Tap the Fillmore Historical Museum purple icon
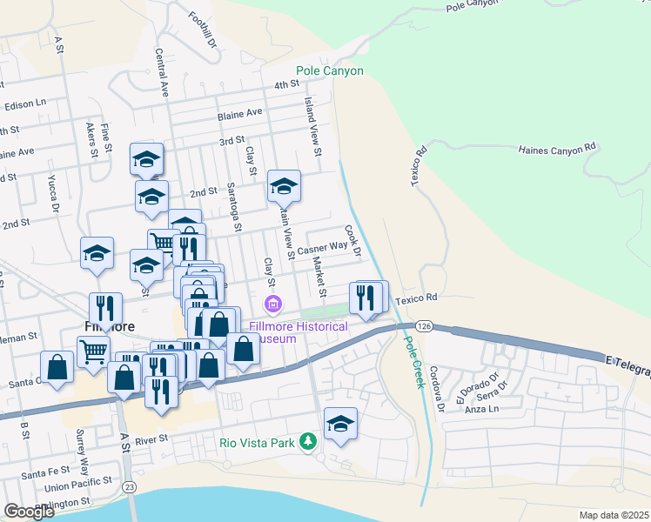[273, 304]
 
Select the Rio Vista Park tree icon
[307, 442]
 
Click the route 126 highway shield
[424, 325]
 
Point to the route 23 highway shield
[130, 485]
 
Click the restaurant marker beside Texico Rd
[366, 297]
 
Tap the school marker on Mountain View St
[284, 186]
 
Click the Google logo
[28, 511]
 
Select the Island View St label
[312, 121]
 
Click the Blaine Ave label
[240, 113]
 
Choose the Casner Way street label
[322, 249]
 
